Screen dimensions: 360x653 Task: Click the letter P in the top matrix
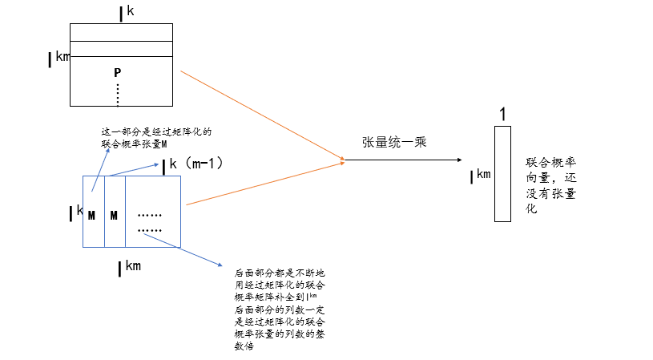coord(117,73)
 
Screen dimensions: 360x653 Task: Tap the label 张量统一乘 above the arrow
coord(394,143)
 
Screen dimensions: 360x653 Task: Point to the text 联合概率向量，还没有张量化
coord(552,184)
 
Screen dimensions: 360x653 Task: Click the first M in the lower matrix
coord(91,215)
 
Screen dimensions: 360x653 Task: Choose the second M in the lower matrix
coord(114,215)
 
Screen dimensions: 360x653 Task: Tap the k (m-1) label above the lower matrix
coord(192,164)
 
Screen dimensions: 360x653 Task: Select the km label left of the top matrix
coord(58,57)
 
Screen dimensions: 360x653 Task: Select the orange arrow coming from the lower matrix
coord(264,184)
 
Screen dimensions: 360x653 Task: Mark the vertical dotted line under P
coord(118,94)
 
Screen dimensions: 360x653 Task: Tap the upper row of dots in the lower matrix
coord(150,215)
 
